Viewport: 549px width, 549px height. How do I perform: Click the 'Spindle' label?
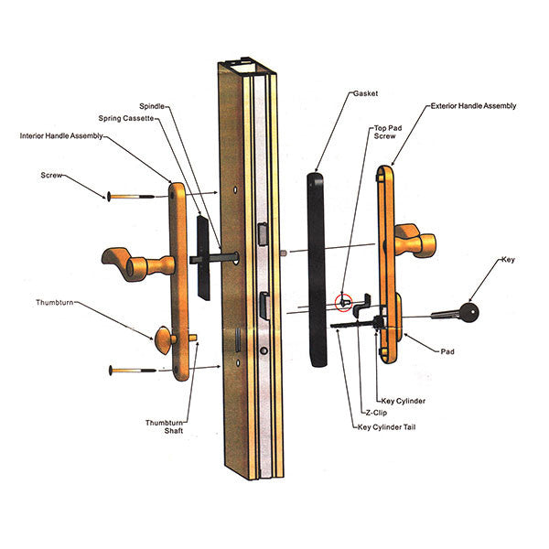coord(154,105)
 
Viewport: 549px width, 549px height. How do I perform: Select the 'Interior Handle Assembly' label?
coord(61,135)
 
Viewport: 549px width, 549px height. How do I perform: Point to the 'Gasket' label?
coord(366,93)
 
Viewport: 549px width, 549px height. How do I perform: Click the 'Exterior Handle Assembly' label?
coord(473,106)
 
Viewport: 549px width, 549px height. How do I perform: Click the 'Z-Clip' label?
coord(374,414)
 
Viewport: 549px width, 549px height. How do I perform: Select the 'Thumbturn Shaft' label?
coord(165,426)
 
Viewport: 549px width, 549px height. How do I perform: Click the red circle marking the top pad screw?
coord(344,300)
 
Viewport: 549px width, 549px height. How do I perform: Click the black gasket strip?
coord(316,265)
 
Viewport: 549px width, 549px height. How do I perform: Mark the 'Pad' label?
coord(448,350)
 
